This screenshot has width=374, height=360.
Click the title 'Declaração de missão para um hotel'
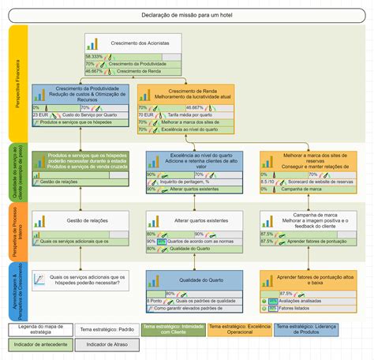(x=187, y=16)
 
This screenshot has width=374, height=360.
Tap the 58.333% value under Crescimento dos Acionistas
(x=94, y=57)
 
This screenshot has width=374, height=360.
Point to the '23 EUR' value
(x=40, y=115)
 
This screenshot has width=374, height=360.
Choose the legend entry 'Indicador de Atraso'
(x=107, y=344)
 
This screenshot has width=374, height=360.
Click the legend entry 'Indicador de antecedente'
(x=39, y=344)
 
